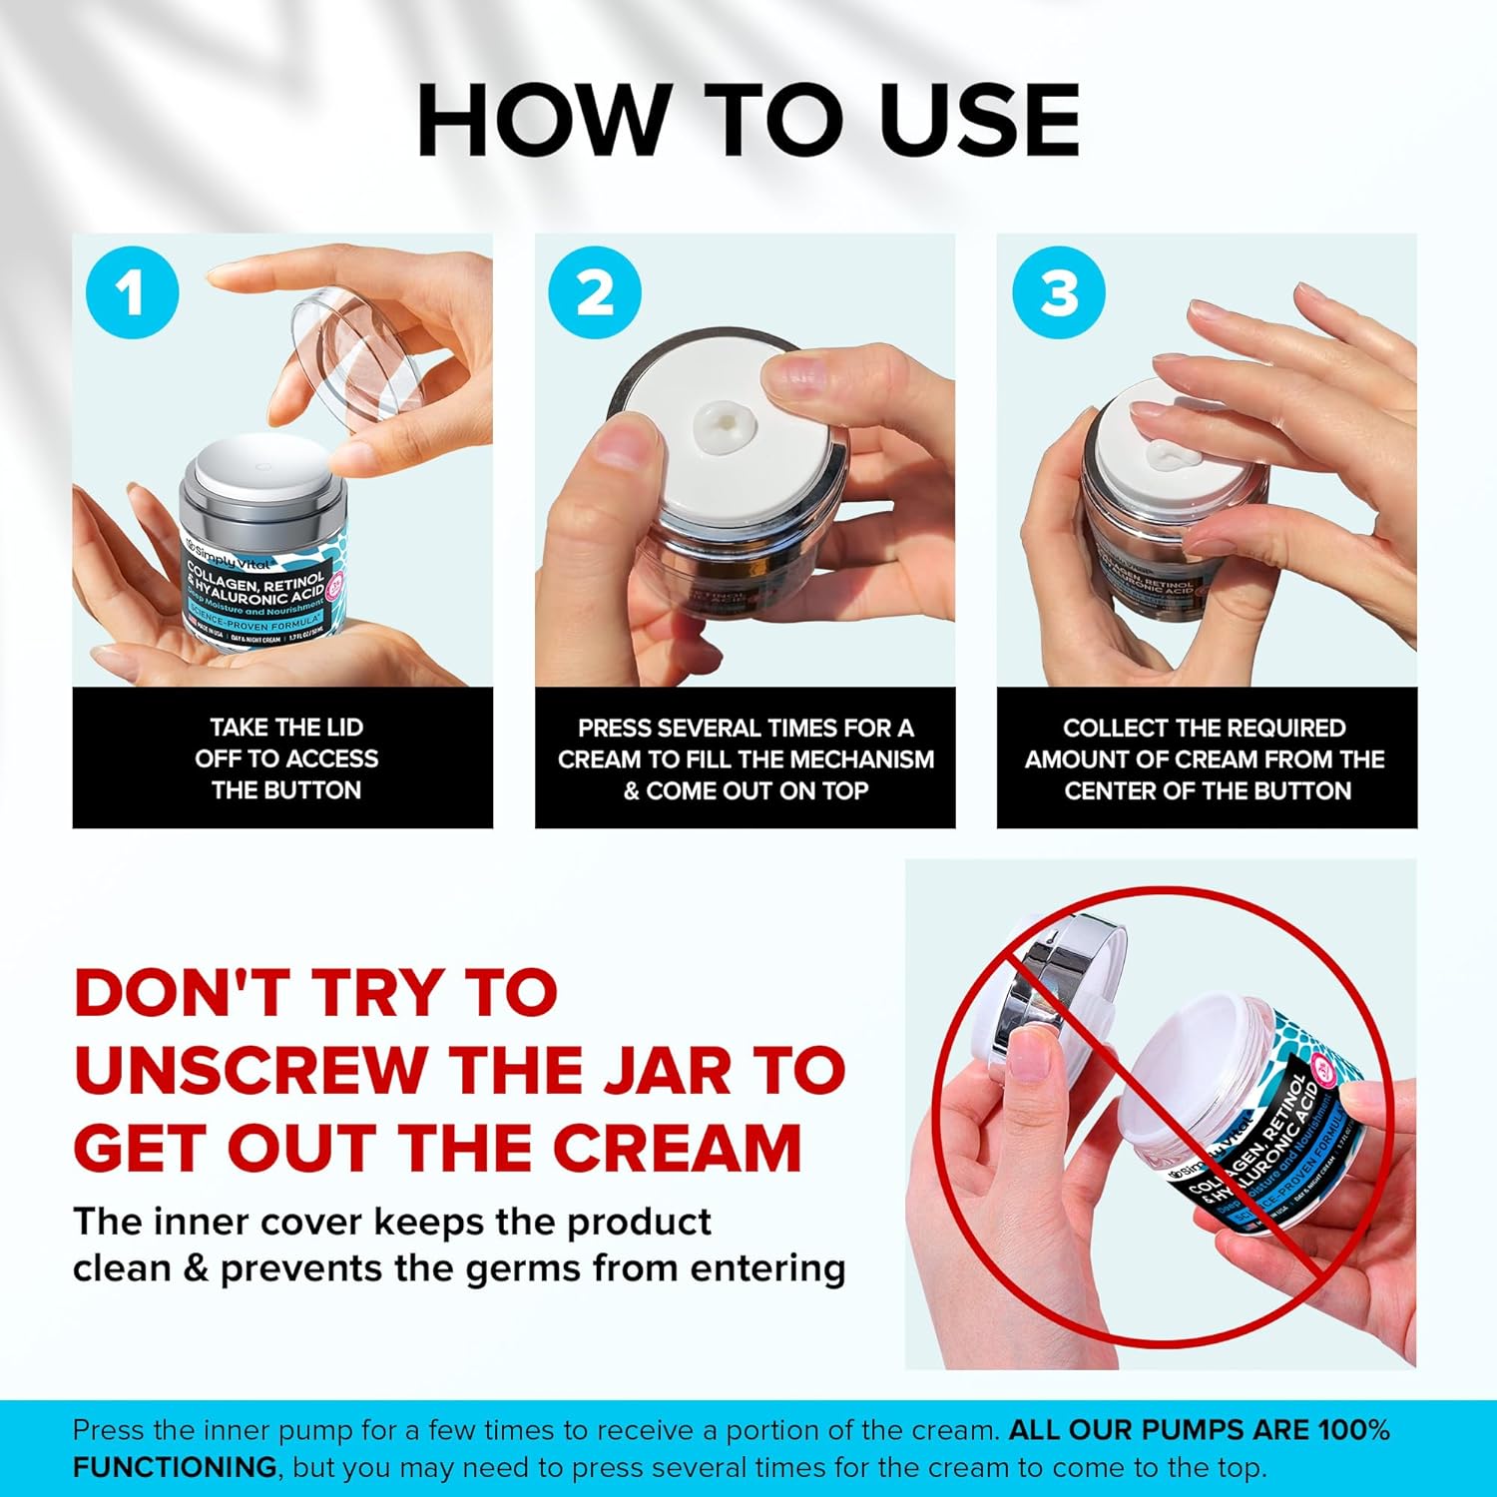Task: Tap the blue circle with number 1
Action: click(x=132, y=292)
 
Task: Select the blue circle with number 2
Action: click(x=595, y=292)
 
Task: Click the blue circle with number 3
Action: click(x=1058, y=292)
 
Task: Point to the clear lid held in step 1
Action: click(x=354, y=349)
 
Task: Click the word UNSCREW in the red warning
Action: click(x=249, y=1070)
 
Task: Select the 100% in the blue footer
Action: click(x=1353, y=1430)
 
